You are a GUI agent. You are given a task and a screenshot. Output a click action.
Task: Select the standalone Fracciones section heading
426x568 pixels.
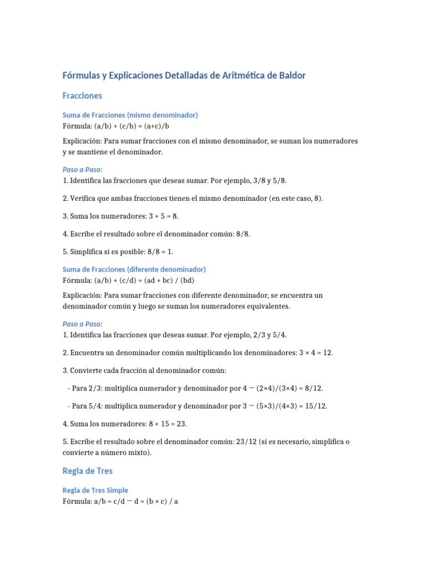83,96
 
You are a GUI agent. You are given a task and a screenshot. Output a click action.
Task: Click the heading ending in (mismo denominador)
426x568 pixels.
130,115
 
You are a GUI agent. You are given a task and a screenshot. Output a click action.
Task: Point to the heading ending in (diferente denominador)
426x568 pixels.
134,269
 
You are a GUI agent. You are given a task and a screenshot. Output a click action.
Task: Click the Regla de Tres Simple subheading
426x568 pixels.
95,490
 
